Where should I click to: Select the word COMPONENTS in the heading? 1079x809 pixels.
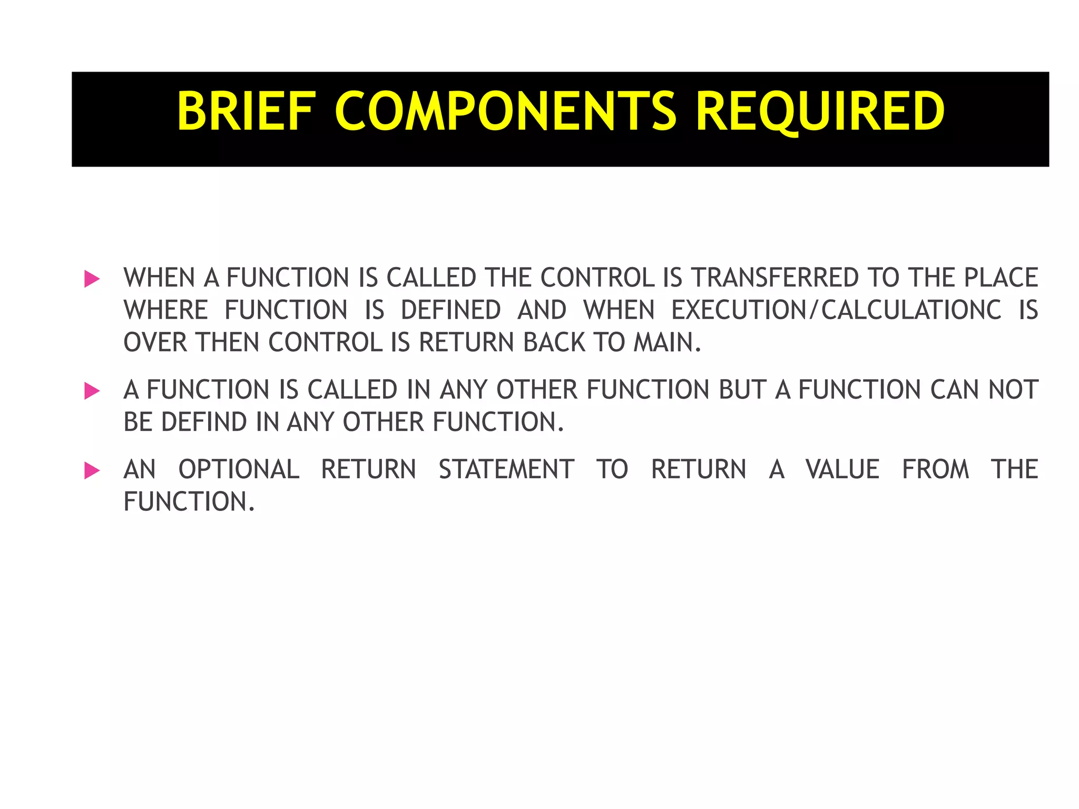click(505, 111)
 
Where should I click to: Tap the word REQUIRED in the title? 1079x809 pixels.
click(820, 111)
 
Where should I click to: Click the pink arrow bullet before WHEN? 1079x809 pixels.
click(92, 279)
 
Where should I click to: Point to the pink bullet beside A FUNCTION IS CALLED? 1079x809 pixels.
click(92, 391)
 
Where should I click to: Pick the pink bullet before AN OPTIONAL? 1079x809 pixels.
click(92, 470)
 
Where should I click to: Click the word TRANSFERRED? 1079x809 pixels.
click(775, 278)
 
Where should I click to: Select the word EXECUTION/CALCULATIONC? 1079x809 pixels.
click(836, 310)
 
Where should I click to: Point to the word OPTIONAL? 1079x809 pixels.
click(239, 469)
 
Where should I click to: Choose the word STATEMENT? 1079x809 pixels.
click(506, 469)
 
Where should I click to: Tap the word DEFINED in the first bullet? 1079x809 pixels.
click(450, 310)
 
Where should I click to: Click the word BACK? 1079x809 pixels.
click(554, 342)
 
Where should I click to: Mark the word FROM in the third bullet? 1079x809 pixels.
click(935, 469)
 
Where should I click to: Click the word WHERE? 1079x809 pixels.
click(166, 310)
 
